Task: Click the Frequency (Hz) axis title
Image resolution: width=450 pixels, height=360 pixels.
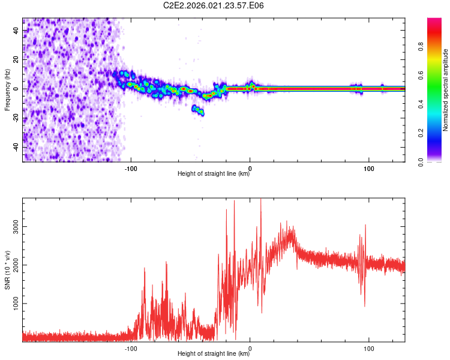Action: pyautogui.click(x=7, y=89)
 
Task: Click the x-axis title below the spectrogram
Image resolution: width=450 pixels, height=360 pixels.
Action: pyautogui.click(x=214, y=174)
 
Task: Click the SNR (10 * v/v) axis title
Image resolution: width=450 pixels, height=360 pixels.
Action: pyautogui.click(x=7, y=269)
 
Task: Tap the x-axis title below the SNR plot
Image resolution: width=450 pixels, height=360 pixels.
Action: pyautogui.click(x=214, y=354)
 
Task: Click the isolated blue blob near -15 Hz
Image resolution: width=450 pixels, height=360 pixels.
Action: pyautogui.click(x=197, y=110)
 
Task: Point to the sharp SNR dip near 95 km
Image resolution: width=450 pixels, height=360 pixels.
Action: pyautogui.click(x=364, y=305)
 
